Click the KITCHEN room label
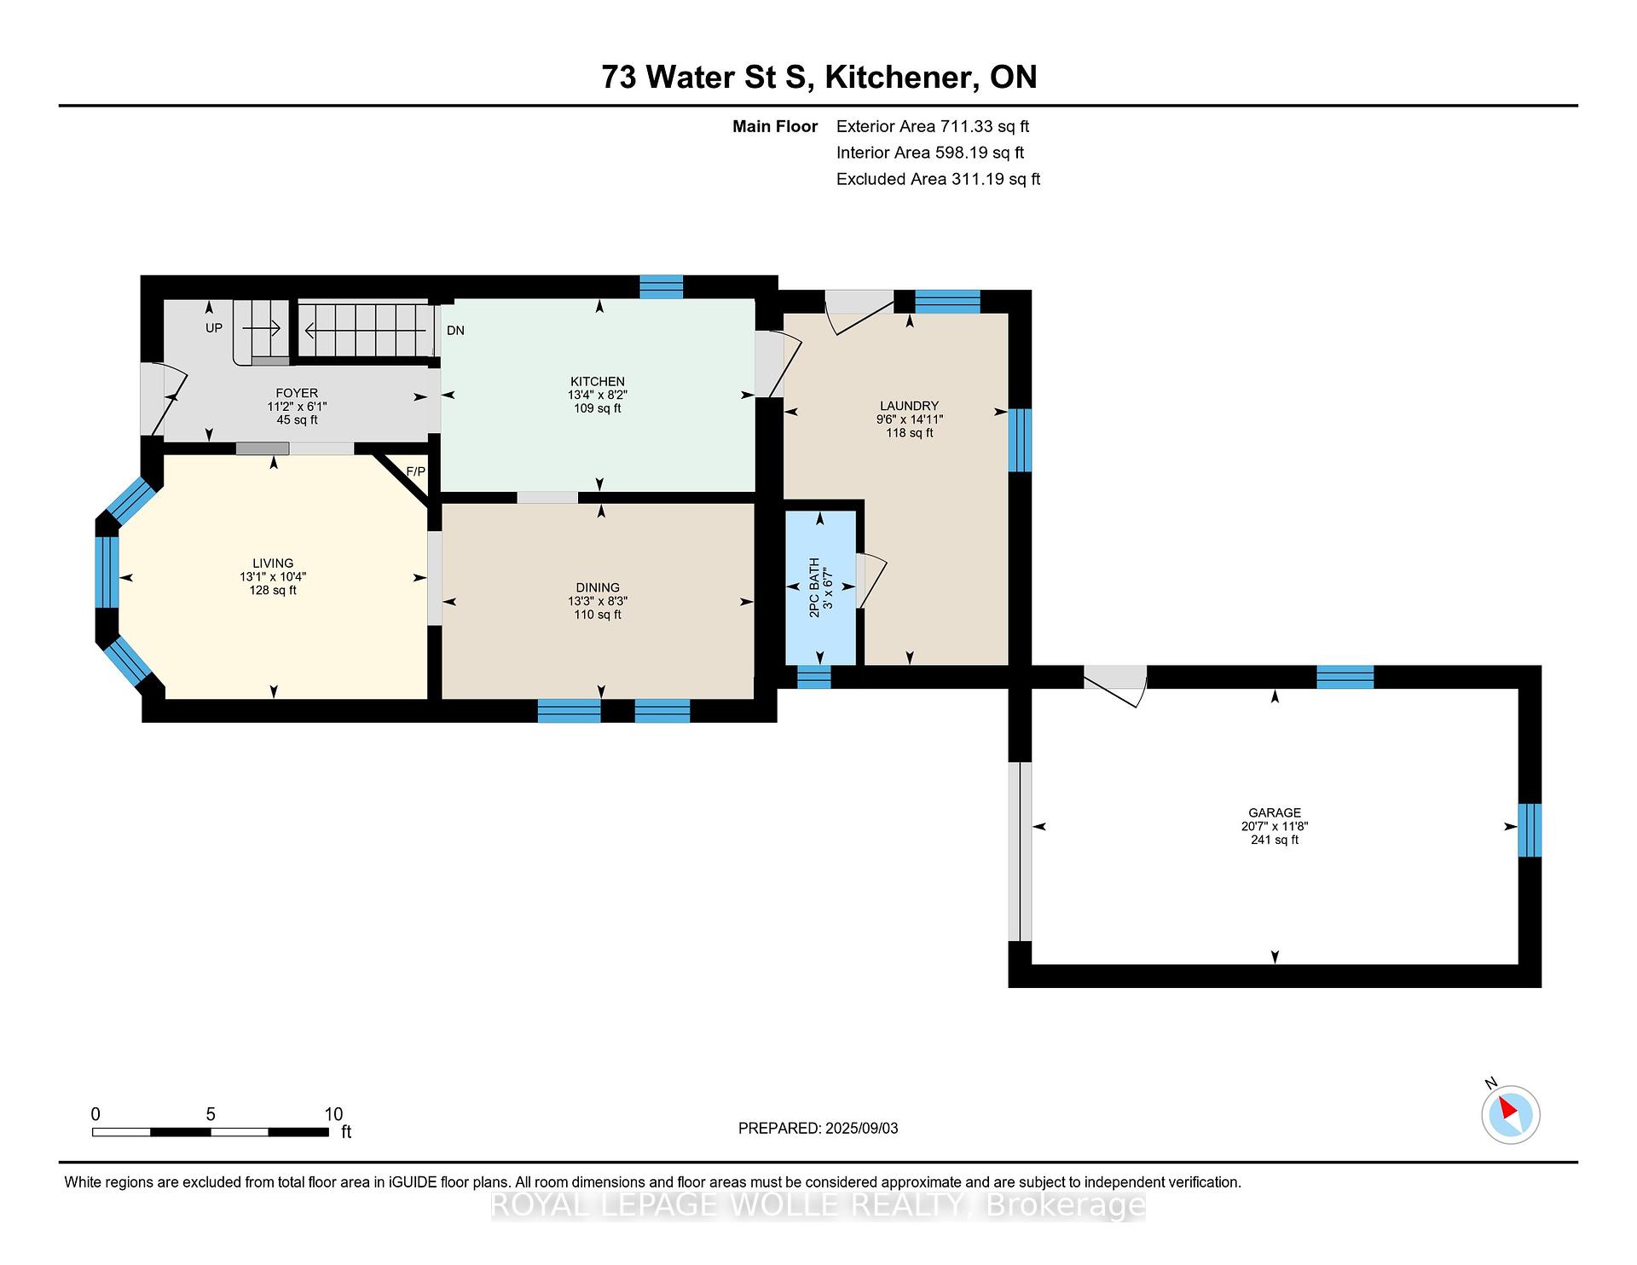(598, 381)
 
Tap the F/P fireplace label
(415, 471)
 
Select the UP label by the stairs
(214, 327)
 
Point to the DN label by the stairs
(455, 330)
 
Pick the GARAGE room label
(1275, 812)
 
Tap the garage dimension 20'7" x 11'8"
(1275, 826)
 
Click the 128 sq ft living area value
(273, 590)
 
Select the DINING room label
(598, 587)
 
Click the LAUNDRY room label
(910, 406)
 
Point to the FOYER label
(297, 393)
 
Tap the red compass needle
(1508, 1108)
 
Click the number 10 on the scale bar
(333, 1114)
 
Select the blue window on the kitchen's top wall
(662, 286)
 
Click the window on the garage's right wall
(1530, 829)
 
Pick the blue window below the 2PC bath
(813, 677)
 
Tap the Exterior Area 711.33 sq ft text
(933, 126)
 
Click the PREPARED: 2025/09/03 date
(818, 1128)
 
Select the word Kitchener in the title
(899, 78)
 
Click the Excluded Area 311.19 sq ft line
(939, 179)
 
